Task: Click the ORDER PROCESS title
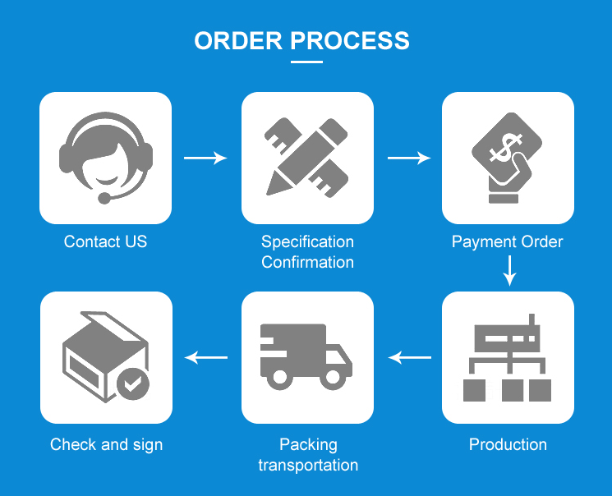coord(301,40)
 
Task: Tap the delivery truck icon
coord(306,355)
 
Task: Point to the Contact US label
coord(105,241)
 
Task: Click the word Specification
coord(307,241)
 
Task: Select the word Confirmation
coord(307,262)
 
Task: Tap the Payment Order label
coord(508,241)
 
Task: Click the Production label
coord(508,444)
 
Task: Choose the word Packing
coord(308,444)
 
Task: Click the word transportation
coord(308,465)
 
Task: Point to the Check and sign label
coord(106,444)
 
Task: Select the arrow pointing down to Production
coord(509,270)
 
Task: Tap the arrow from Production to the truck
coord(409,357)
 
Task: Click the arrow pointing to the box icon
coord(206,357)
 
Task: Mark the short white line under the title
coord(306,61)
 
